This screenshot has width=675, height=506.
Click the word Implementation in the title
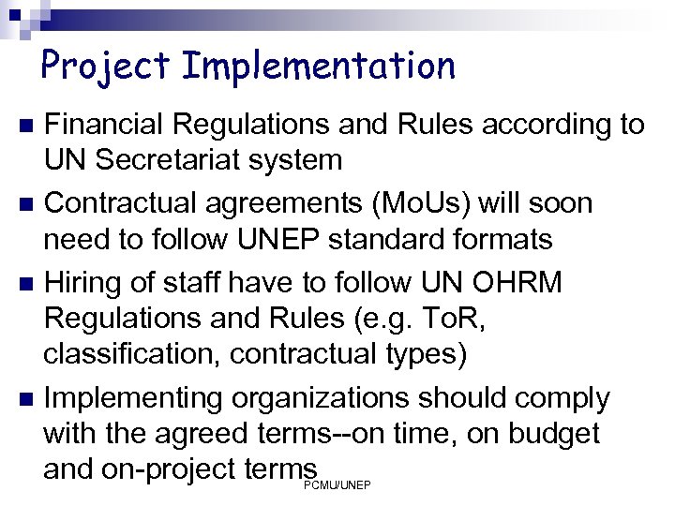pos(319,66)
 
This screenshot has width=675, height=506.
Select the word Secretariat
pos(193,159)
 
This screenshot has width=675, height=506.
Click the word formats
pos(497,239)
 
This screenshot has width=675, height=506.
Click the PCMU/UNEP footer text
pos(337,484)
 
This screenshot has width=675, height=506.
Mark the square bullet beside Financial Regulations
pos(26,126)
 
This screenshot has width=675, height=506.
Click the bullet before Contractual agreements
pos(26,204)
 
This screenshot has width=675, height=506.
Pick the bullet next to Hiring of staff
pos(26,283)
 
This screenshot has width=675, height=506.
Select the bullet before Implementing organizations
pos(26,399)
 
